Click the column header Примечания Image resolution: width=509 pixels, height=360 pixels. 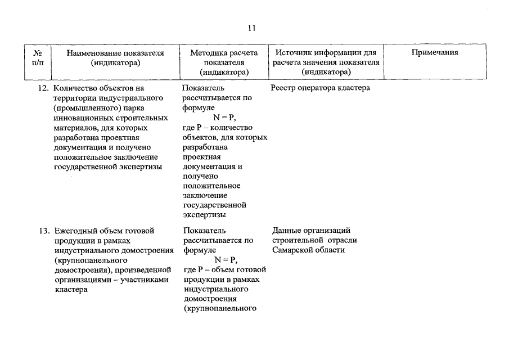coord(435,53)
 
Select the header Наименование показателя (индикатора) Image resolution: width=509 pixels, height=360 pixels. coord(115,58)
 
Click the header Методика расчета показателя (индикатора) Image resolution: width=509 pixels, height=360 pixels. coord(224,62)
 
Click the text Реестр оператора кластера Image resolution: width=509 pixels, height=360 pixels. coord(320,88)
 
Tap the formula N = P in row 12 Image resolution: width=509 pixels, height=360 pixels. coord(224,117)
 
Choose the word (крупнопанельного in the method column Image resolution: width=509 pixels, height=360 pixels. coord(220,308)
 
